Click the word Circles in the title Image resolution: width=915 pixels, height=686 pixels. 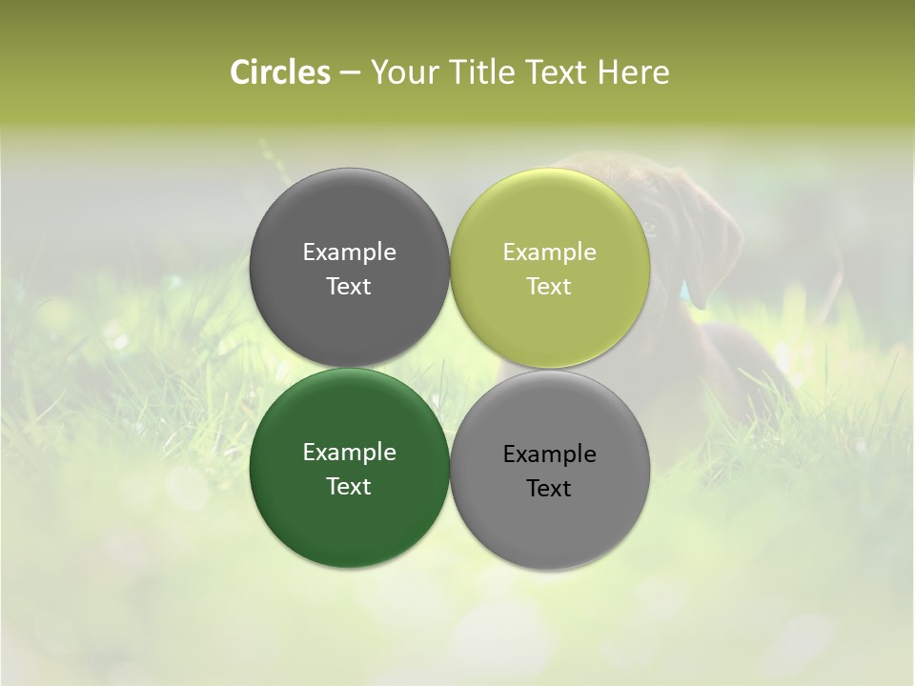[279, 72]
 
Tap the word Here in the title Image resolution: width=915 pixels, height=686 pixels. [633, 72]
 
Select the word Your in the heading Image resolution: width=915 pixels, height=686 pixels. [403, 72]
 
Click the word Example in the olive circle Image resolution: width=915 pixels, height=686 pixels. [549, 252]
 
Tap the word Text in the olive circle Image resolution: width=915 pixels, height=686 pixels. [549, 286]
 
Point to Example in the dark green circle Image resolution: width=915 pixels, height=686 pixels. [349, 452]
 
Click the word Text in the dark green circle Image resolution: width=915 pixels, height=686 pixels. [349, 486]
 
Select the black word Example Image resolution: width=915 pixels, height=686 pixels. [549, 454]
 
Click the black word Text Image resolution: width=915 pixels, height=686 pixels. [549, 488]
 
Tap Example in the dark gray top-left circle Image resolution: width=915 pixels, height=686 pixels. [349, 252]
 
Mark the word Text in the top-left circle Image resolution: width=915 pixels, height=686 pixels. [349, 286]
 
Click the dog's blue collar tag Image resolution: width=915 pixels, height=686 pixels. [685, 288]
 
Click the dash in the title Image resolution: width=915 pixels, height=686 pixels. [350, 73]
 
